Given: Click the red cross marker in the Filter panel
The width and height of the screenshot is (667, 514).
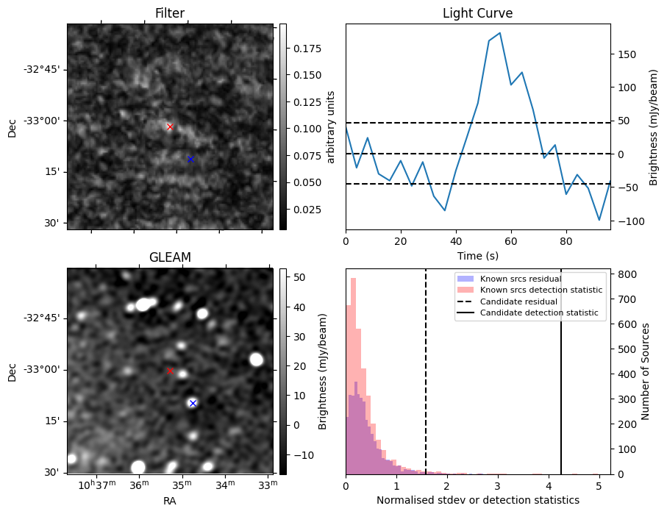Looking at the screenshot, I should point(170,126).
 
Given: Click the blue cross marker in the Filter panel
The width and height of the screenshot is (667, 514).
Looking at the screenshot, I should point(190,159).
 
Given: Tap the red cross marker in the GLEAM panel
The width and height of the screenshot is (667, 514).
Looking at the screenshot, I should point(170,371).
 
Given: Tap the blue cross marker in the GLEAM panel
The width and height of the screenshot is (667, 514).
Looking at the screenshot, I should point(193,403).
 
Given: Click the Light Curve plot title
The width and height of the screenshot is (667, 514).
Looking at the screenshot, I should point(477,13).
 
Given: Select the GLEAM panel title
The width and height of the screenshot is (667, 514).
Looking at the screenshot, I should point(170,257).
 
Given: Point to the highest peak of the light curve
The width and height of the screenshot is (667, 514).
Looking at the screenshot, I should point(500,33).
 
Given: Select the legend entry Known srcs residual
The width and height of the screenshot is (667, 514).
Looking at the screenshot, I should point(521,279).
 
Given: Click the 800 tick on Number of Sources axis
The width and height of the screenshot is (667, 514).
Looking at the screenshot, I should point(624,274).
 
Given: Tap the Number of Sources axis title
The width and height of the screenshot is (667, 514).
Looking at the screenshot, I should point(646,371).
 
